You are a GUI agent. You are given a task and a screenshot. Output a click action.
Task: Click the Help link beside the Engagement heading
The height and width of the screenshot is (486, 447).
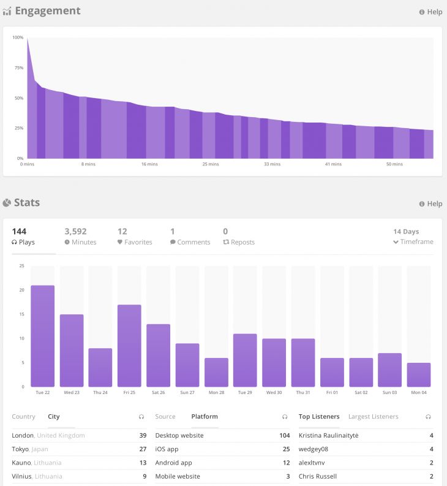point(430,12)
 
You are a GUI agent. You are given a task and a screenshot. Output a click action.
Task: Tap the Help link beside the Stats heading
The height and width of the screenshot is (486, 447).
point(430,203)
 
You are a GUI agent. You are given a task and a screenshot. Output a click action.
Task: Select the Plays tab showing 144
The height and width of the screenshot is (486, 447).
point(23,237)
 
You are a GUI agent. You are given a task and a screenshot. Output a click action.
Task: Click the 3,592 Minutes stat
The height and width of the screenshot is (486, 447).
point(80,237)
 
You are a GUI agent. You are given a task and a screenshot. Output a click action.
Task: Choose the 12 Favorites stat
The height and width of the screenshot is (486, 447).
point(134,237)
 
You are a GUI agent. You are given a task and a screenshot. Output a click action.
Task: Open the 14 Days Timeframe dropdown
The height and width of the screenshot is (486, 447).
point(413,237)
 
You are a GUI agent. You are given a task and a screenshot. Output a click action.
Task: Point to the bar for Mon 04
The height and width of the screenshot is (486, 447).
point(419,374)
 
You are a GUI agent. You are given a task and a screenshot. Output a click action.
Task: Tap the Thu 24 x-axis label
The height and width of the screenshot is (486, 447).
point(100,393)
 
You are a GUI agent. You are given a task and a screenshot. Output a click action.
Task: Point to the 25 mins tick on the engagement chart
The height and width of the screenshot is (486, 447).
point(210,164)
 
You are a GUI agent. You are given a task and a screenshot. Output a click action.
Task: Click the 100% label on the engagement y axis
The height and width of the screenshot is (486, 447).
point(17,38)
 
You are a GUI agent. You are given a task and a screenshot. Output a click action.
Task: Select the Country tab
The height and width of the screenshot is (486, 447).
point(23,417)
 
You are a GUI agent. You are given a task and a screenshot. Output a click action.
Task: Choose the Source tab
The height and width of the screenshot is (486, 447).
point(165,417)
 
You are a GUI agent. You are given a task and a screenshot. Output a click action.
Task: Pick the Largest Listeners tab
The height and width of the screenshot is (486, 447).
point(373,417)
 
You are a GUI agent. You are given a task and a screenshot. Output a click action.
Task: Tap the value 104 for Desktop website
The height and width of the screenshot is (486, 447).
point(284,435)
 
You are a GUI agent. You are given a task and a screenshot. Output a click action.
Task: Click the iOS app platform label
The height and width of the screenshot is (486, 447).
point(168,449)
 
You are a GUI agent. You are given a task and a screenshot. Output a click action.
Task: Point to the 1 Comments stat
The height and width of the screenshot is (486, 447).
point(190,237)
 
